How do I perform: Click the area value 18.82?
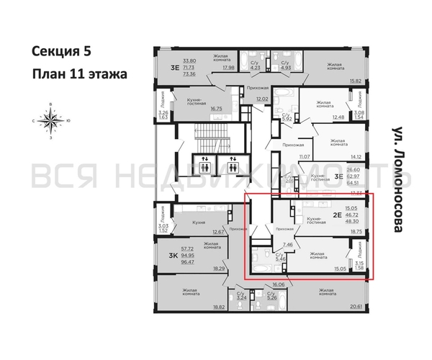pyautogui.click(x=216, y=306)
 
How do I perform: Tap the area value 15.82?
pyautogui.click(x=355, y=81)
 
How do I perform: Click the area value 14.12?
pyautogui.click(x=355, y=154)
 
